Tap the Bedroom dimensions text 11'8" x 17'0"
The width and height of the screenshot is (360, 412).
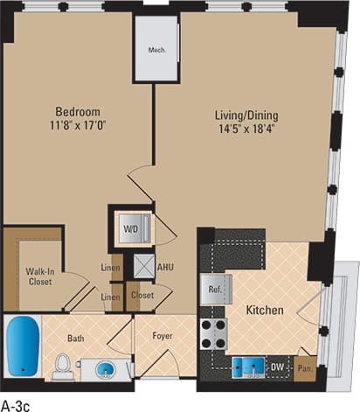pyautogui.click(x=77, y=127)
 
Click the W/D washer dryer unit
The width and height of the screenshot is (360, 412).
pyautogui.click(x=131, y=230)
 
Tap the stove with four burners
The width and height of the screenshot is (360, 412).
pyautogui.click(x=213, y=333)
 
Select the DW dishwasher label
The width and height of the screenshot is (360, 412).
pyautogui.click(x=276, y=367)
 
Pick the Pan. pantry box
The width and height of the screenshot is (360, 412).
pyautogui.click(x=305, y=368)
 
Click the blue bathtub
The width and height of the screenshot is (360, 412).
pyautogui.click(x=22, y=346)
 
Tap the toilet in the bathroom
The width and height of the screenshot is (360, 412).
pyautogui.click(x=62, y=367)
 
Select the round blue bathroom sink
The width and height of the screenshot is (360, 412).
pyautogui.click(x=106, y=368)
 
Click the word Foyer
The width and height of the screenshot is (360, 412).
pyautogui.click(x=163, y=335)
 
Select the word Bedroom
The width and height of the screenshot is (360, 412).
pyautogui.click(x=77, y=112)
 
